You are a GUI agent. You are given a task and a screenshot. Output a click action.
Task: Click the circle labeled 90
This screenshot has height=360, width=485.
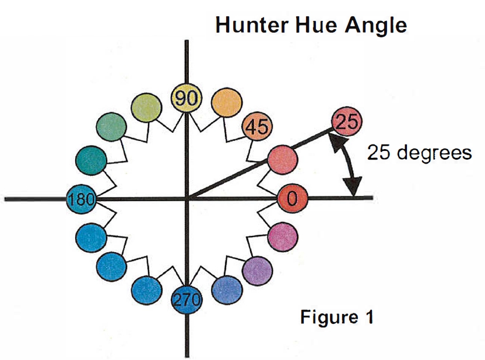pos(186,98)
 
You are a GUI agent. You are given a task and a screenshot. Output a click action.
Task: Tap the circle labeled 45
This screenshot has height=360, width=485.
pos(255,126)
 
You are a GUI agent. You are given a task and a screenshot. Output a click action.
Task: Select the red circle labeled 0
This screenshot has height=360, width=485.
pos(292,199)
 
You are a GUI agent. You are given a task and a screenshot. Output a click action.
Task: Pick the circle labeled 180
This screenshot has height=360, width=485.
pos(80,199)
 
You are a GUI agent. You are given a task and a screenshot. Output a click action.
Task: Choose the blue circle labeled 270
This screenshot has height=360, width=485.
pos(187,300)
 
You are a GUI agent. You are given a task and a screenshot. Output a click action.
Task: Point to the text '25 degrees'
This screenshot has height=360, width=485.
pos(419,153)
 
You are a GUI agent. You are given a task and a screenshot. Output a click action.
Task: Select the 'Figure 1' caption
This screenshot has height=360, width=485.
pos(336,318)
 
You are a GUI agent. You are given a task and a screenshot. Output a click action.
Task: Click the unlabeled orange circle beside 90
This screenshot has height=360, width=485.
pos(224,104)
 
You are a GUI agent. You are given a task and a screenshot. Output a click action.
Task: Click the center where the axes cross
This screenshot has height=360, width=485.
pos(187,199)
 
